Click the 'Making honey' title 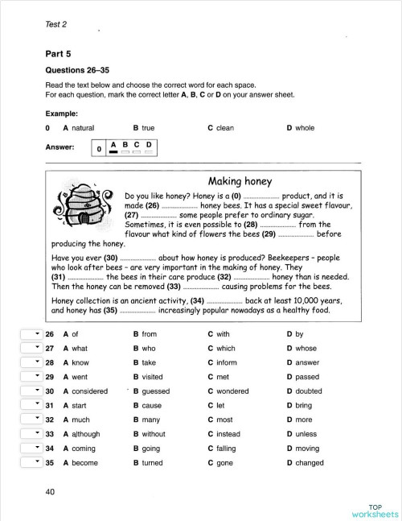point(240,181)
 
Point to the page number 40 point(51,490)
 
